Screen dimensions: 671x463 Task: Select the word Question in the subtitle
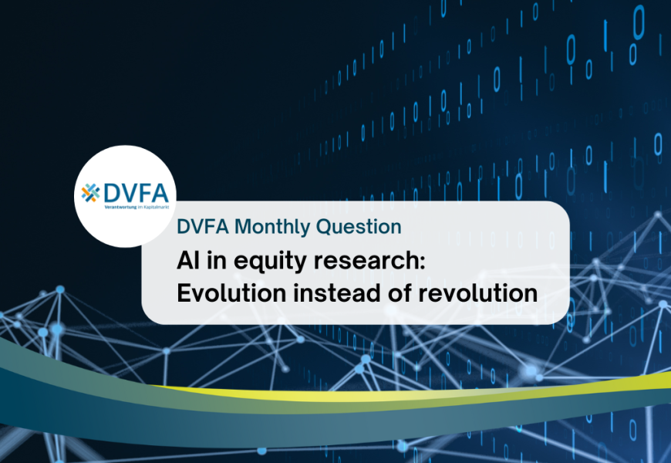[359, 227]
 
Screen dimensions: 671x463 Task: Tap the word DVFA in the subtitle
[203, 227]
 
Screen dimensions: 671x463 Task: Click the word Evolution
[231, 293]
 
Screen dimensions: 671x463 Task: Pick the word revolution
[477, 293]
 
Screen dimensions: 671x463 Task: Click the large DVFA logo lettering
[136, 193]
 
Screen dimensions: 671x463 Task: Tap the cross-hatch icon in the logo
[91, 193]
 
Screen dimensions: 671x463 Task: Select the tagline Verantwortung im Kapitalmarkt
[137, 208]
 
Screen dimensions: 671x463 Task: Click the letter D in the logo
[112, 193]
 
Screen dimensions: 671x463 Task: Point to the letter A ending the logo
[160, 193]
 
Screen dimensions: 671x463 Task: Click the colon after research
[423, 262]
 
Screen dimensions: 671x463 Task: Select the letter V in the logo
[129, 193]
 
